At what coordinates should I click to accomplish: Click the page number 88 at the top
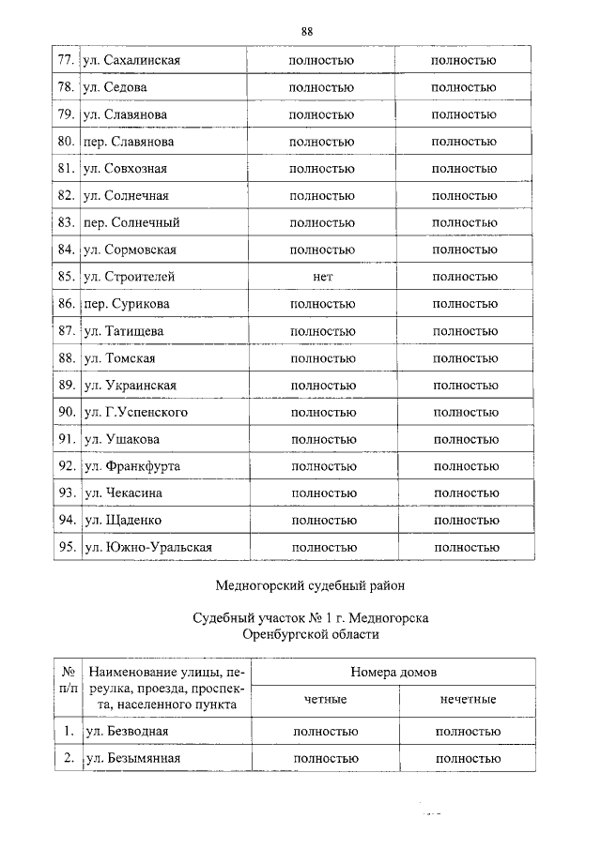306,32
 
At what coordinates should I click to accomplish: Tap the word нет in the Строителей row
323,277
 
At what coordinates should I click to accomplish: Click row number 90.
66,412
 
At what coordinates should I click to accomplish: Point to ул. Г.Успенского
136,412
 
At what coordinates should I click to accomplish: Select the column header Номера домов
393,673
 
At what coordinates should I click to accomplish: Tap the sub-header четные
325,700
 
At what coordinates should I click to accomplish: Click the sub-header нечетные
468,700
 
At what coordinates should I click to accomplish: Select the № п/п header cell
68,686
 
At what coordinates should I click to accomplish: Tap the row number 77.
66,61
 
